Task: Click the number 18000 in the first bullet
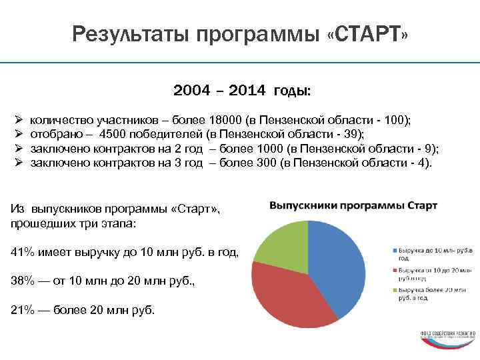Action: tap(225, 120)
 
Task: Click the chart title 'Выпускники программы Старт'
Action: tap(353, 206)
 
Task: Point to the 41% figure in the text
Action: tap(23, 251)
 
